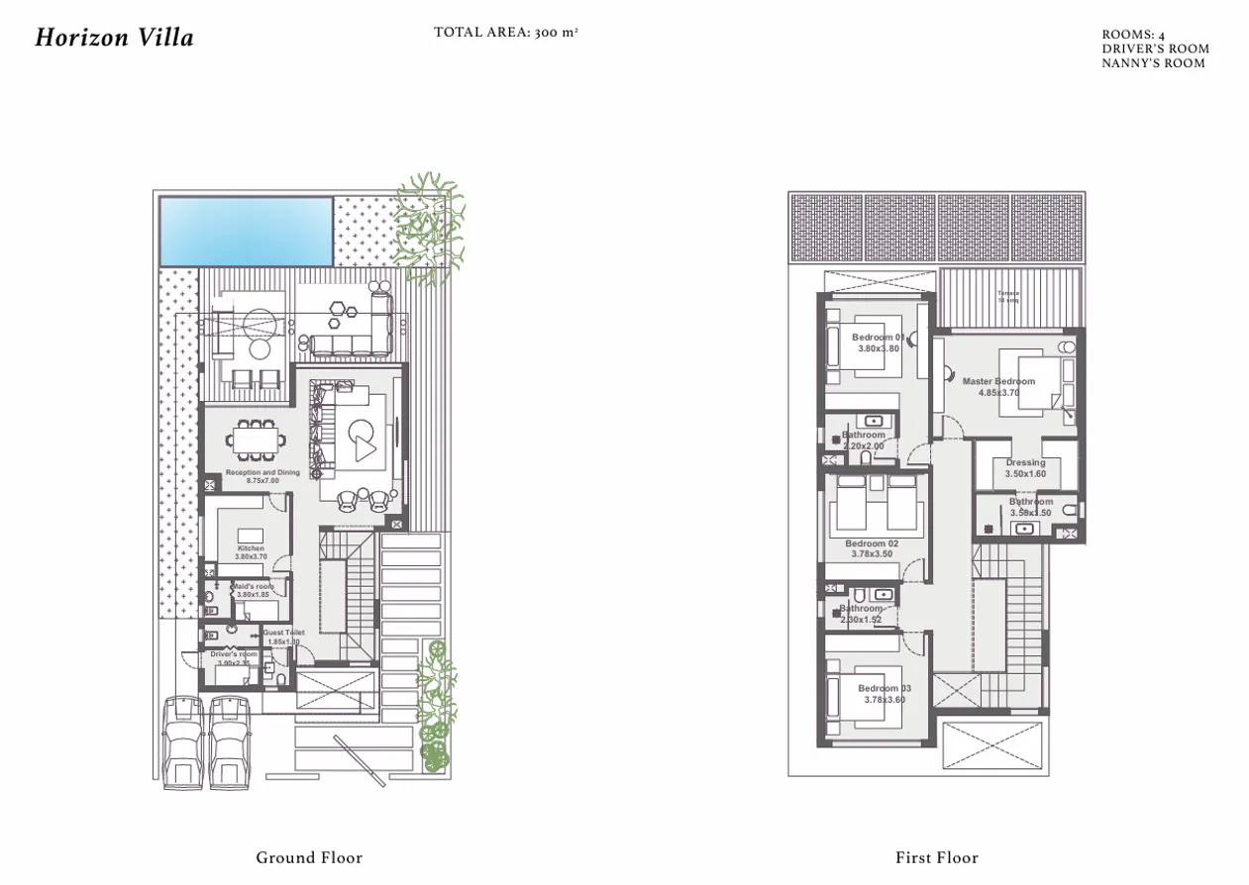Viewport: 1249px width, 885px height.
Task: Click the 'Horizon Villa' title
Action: pyautogui.click(x=114, y=39)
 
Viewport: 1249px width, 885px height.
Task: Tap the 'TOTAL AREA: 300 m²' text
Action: pyautogui.click(x=505, y=33)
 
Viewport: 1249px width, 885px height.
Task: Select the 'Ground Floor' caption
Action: pyautogui.click(x=309, y=857)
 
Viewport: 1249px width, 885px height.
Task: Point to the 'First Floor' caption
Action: pyautogui.click(x=936, y=857)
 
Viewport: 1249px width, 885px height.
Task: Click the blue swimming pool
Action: pyautogui.click(x=246, y=231)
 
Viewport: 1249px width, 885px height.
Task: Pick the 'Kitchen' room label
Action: pyautogui.click(x=251, y=548)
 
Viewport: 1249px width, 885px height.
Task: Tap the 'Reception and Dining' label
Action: pyautogui.click(x=261, y=473)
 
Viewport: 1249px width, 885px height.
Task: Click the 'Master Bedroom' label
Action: pyautogui.click(x=998, y=381)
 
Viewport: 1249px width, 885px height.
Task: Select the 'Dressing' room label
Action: pyautogui.click(x=1025, y=462)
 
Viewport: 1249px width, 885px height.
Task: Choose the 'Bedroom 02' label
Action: pyautogui.click(x=872, y=543)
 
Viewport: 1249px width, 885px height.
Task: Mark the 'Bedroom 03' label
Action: pyautogui.click(x=884, y=689)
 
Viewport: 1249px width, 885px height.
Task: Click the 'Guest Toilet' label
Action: pyautogui.click(x=283, y=633)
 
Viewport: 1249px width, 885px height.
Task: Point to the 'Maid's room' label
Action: pyautogui.click(x=253, y=586)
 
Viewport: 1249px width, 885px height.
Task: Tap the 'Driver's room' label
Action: pyautogui.click(x=234, y=654)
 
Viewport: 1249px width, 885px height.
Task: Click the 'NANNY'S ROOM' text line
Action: pyautogui.click(x=1153, y=63)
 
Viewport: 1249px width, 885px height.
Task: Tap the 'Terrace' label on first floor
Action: pyautogui.click(x=1007, y=293)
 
